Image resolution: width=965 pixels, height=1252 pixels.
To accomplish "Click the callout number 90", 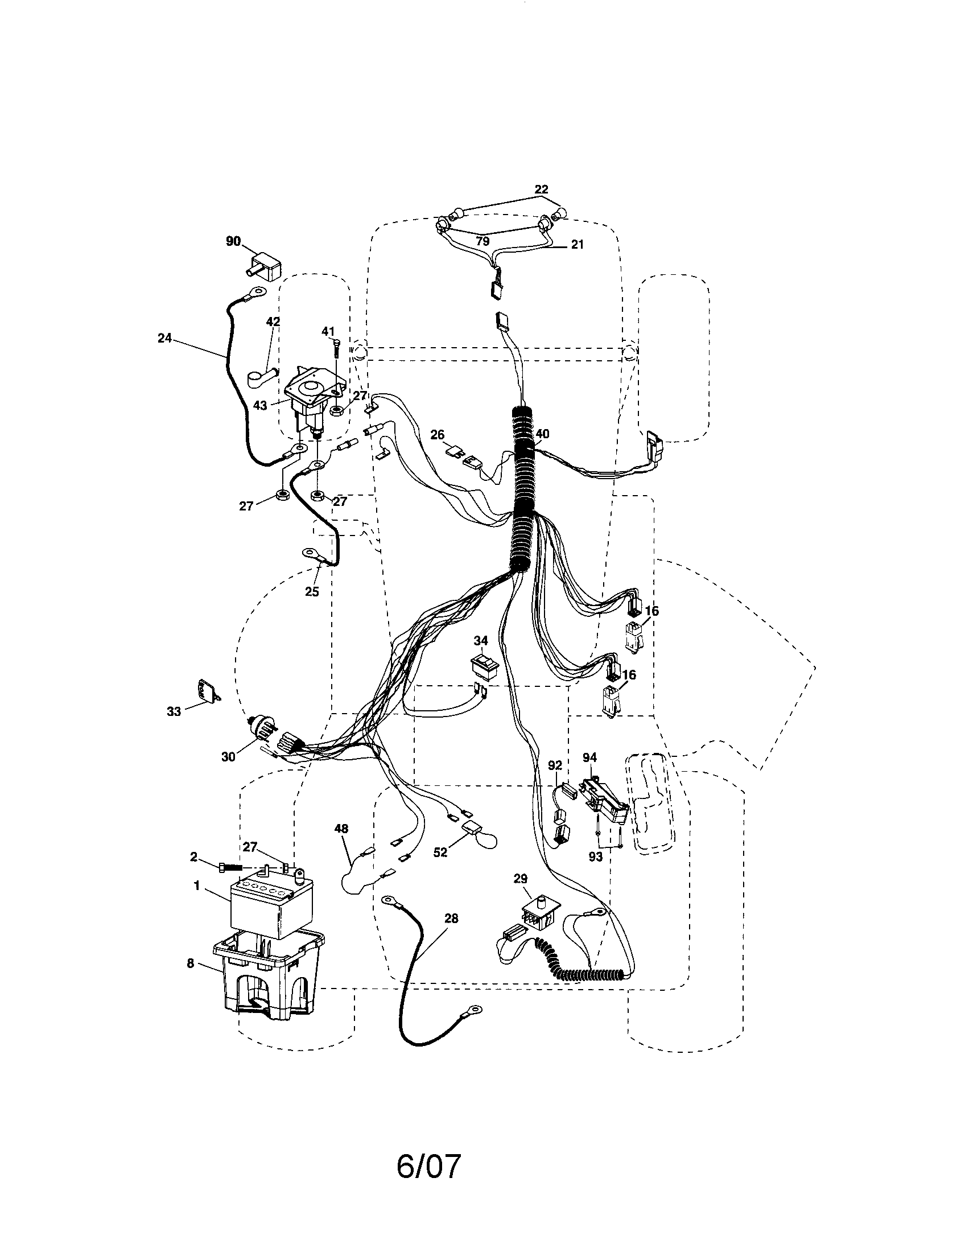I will click(x=233, y=241).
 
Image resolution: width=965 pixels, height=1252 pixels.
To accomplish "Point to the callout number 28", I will click(x=451, y=919).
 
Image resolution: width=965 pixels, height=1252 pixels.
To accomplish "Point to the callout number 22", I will click(x=541, y=190).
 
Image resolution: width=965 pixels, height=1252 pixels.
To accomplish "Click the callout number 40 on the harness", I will click(x=542, y=434).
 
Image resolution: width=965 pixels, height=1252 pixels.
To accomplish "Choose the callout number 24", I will click(x=164, y=339).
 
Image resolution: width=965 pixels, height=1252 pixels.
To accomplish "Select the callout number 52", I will click(x=440, y=869).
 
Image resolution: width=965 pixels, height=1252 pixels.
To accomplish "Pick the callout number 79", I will click(x=483, y=241).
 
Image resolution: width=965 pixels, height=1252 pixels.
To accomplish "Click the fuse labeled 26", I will click(x=456, y=452).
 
